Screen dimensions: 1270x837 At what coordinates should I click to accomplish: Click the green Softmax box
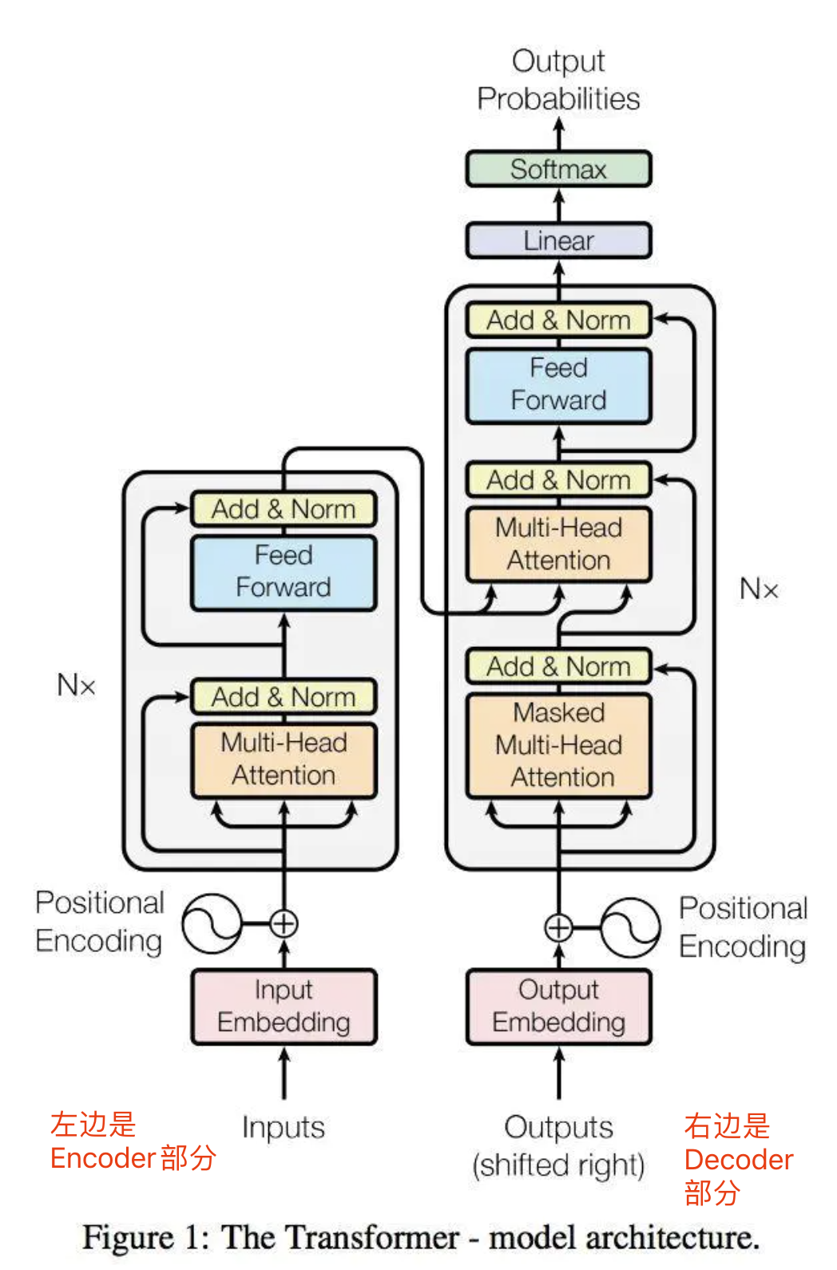(558, 169)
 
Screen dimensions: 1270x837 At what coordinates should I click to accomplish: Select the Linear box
(558, 240)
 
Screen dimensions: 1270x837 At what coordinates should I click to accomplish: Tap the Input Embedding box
(284, 1006)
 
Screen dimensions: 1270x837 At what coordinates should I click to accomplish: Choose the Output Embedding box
(558, 1006)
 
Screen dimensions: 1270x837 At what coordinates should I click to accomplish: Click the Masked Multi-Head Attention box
(558, 745)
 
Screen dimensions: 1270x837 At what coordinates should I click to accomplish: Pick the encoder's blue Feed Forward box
(284, 572)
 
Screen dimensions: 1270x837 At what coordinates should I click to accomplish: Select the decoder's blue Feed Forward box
(558, 385)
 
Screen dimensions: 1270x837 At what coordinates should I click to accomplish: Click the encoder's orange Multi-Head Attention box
(284, 760)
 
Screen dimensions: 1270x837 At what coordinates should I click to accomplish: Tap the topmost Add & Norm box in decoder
(558, 320)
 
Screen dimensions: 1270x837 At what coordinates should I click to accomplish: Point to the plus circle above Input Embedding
(284, 923)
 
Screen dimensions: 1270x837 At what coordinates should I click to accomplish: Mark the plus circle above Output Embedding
(558, 927)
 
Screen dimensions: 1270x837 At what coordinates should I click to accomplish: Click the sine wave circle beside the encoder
(212, 923)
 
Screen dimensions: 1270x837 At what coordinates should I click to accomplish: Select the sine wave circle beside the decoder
(630, 927)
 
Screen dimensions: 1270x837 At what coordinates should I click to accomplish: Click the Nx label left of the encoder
(76, 685)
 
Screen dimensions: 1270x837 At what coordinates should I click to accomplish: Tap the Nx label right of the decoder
(758, 589)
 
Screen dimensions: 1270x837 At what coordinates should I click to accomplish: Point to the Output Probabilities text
(558, 80)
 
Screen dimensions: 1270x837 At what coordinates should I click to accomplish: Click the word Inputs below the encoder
(284, 1128)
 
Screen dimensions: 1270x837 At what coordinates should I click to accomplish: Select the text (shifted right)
(558, 1165)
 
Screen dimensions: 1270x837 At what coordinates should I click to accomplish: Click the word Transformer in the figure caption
(339, 1237)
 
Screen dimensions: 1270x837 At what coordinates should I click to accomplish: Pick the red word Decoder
(739, 1160)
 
